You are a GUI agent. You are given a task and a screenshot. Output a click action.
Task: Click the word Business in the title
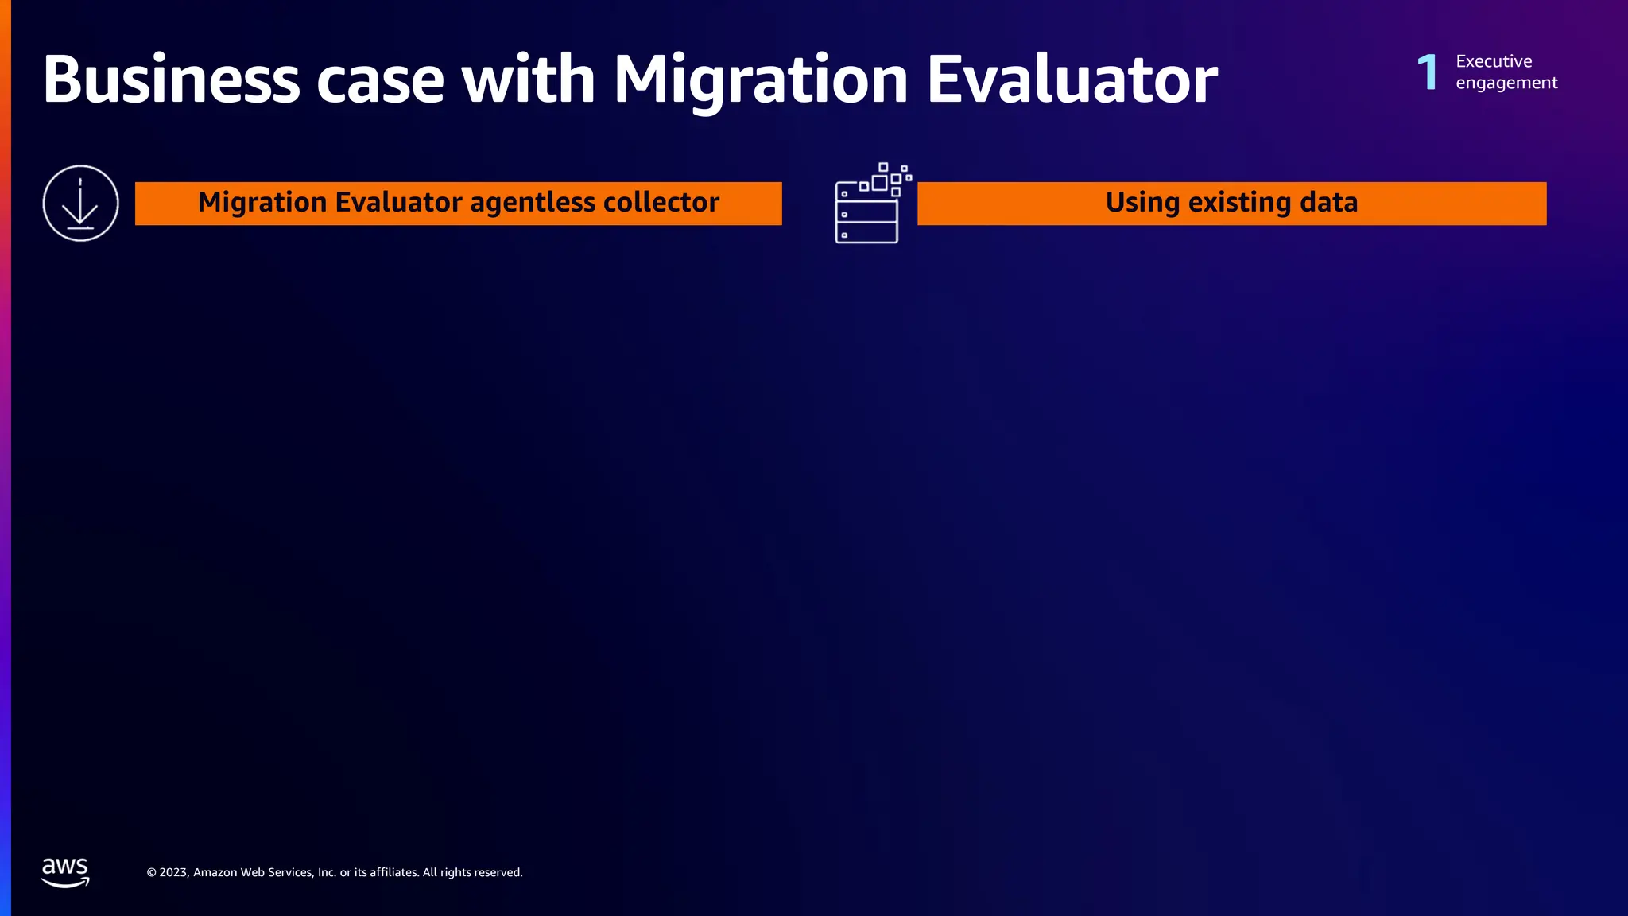(171, 80)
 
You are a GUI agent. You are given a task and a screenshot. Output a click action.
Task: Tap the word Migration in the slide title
(761, 80)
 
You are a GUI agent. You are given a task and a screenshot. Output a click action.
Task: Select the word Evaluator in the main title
(1072, 80)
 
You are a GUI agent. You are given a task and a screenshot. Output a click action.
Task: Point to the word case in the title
(380, 80)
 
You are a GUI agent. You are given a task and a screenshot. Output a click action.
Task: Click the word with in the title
(529, 80)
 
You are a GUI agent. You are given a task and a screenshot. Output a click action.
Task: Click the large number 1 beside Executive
(1428, 72)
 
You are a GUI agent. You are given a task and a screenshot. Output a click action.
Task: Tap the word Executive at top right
(1494, 61)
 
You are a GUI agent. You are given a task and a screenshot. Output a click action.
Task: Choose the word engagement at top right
(1506, 83)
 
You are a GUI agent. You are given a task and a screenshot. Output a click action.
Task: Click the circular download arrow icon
(80, 203)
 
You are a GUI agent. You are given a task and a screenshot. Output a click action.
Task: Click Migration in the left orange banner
(262, 203)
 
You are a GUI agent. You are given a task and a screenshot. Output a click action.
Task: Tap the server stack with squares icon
(871, 204)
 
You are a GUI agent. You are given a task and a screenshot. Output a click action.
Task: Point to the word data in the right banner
(1328, 203)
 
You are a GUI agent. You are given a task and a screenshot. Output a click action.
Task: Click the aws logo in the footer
(65, 872)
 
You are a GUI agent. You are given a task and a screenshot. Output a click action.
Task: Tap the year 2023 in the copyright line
(174, 872)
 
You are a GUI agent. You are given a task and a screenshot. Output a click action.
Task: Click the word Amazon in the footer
(215, 872)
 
